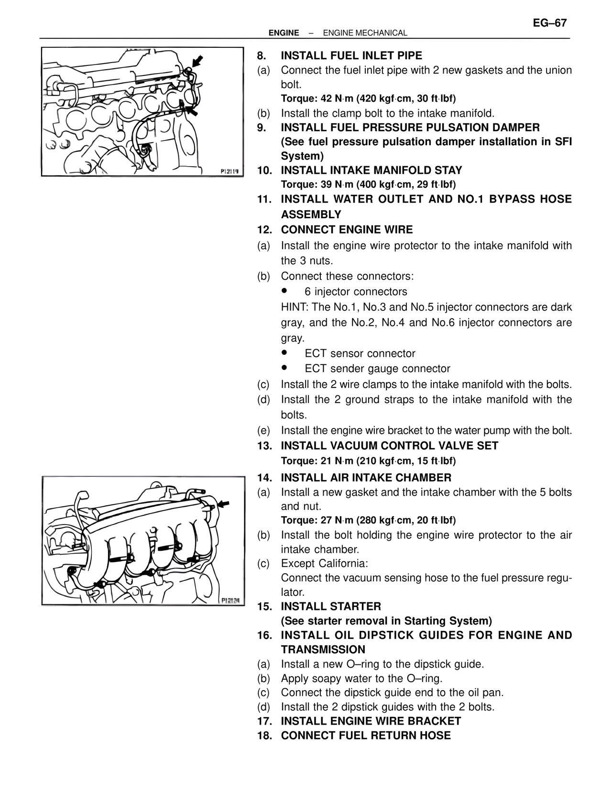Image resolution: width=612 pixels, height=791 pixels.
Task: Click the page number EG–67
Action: coord(549,23)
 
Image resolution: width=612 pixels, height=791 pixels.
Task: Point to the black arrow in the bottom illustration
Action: coord(223,504)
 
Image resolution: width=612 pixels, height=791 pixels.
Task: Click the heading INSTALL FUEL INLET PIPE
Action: coord(351,56)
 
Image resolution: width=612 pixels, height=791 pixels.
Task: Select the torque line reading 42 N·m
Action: coord(368,99)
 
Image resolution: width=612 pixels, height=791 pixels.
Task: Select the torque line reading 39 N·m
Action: coord(368,184)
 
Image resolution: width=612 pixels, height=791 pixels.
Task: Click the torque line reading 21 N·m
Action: coord(368,461)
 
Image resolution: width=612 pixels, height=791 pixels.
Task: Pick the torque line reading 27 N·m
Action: coord(368,520)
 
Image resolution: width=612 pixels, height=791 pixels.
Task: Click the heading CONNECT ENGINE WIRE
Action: coord(347,230)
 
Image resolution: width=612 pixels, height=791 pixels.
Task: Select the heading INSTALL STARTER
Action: coord(331,607)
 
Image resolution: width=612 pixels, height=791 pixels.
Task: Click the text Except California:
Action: coord(324,564)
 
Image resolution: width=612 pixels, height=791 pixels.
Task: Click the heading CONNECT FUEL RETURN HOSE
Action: coord(366,736)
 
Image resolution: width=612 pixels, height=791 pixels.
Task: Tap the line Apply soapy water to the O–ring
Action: coord(361,678)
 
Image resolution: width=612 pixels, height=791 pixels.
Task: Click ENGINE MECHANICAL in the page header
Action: coord(365,33)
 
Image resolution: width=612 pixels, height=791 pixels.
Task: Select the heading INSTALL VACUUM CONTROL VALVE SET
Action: coord(389,446)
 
